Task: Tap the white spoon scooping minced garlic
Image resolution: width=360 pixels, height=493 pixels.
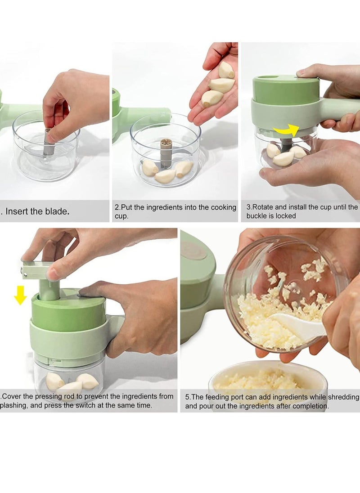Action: point(297,325)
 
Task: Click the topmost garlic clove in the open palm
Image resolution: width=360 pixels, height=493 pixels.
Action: point(226,70)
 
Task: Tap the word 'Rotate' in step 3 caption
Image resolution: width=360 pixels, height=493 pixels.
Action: point(263,207)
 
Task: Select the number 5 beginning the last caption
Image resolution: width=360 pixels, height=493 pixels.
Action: point(187,397)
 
